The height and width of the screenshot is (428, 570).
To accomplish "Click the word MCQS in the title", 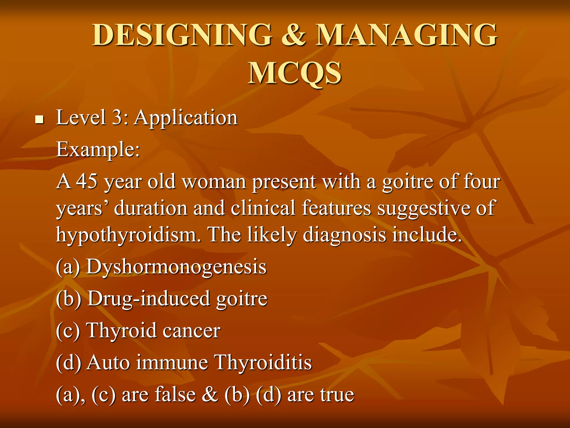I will tap(294, 73).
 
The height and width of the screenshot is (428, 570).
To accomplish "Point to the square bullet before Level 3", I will tap(40, 120).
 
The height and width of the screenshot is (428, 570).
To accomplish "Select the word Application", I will tap(186, 118).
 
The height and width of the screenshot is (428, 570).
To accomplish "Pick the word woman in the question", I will tap(214, 181).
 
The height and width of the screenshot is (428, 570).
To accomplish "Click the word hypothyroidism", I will tap(128, 235).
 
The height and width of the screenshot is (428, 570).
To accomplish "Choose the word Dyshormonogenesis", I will tap(176, 267).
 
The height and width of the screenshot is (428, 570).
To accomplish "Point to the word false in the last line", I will tap(175, 395).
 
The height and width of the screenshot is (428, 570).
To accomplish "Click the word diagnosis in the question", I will tap(344, 235).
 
